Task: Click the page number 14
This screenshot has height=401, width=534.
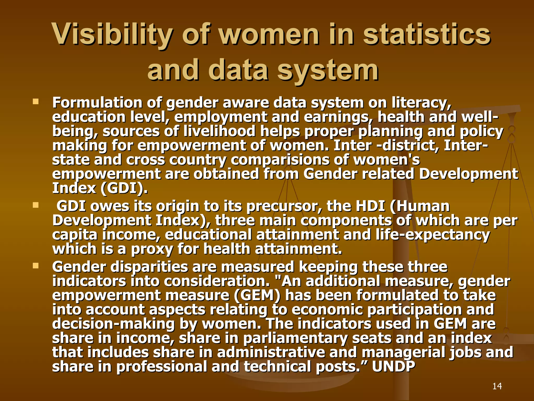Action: click(497, 386)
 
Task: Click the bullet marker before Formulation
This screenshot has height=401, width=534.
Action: click(35, 101)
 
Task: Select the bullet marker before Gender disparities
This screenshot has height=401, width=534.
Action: click(35, 266)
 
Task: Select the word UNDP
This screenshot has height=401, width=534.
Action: click(393, 367)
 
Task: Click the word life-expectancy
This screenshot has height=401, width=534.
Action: click(433, 235)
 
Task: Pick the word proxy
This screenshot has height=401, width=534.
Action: click(152, 249)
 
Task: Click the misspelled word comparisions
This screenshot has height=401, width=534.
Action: click(280, 160)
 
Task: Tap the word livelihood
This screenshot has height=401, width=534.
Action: click(219, 131)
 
